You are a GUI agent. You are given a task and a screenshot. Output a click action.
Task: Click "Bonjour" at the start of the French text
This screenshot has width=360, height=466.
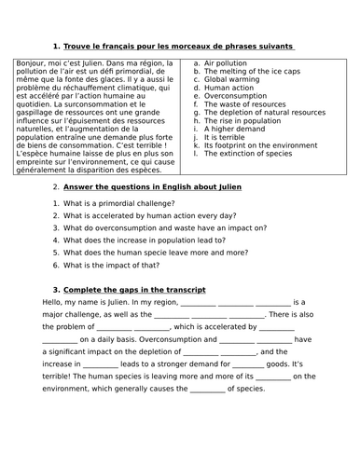point(32,62)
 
